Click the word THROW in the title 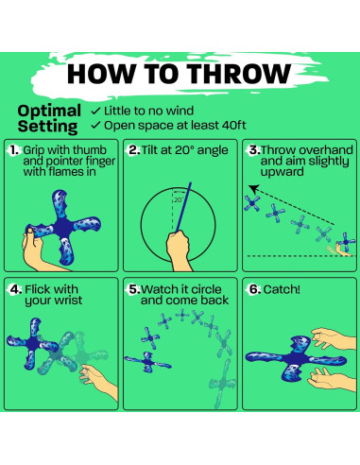click(240, 74)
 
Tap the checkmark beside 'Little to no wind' click(95, 111)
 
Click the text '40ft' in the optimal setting click(233, 125)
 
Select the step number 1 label click(14, 150)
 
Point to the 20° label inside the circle click(179, 200)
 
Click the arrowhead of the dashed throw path click(253, 189)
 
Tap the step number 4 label click(15, 289)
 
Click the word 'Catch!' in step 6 click(282, 289)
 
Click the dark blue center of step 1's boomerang click(63, 226)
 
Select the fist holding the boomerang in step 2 click(179, 246)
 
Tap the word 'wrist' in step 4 click(68, 300)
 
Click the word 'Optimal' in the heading click(49, 112)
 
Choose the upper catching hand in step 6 click(333, 338)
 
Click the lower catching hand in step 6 click(331, 380)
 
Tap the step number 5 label click(134, 289)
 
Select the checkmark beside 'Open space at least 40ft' click(95, 126)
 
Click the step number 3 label click(254, 150)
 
